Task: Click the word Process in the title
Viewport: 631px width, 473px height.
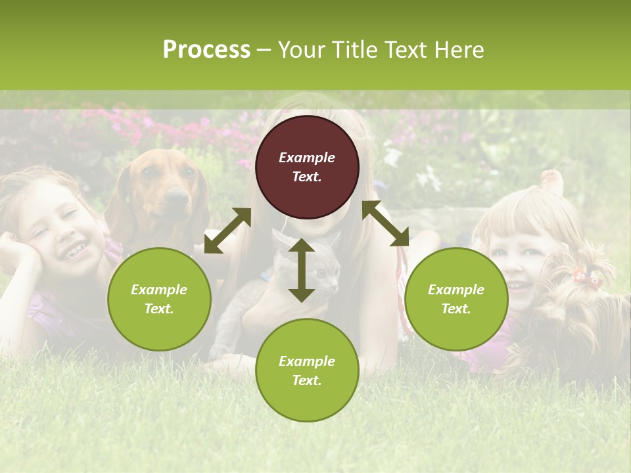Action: pos(206,50)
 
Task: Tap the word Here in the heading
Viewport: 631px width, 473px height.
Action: pos(458,50)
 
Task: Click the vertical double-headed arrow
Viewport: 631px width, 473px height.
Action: pos(301,270)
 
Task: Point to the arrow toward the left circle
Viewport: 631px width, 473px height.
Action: pos(227,231)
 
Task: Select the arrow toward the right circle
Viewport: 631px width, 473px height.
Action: pos(385,224)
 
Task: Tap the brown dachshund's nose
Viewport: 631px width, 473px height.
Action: pos(175,196)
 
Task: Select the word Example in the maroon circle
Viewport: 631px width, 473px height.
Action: pos(307,158)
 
